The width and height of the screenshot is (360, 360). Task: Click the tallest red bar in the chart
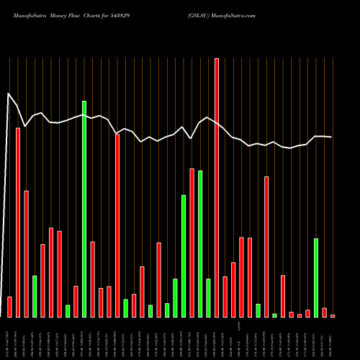217,187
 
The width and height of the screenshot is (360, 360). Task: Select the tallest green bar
84,209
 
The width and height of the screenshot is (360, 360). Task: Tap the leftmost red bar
9,307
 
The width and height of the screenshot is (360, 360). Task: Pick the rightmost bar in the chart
333,315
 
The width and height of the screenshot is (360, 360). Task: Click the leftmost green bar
35,296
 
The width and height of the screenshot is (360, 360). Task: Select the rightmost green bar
316,277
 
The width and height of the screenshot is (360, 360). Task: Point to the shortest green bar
274,315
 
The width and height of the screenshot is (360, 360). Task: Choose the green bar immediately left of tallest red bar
208,297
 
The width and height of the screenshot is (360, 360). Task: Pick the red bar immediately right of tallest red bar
225,297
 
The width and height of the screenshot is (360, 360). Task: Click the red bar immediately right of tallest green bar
92,279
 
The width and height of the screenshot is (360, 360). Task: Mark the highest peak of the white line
9,94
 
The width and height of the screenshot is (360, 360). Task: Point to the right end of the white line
332,137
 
